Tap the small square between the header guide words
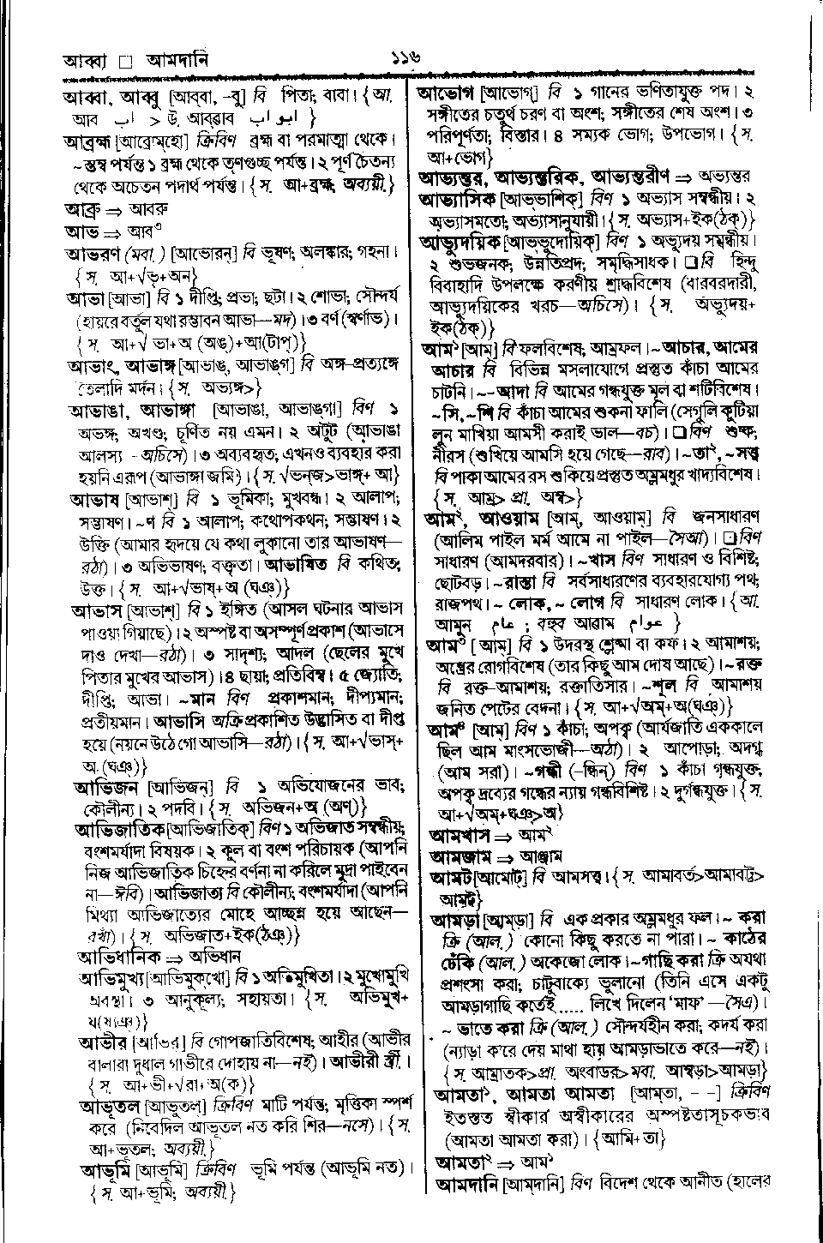[125, 63]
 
